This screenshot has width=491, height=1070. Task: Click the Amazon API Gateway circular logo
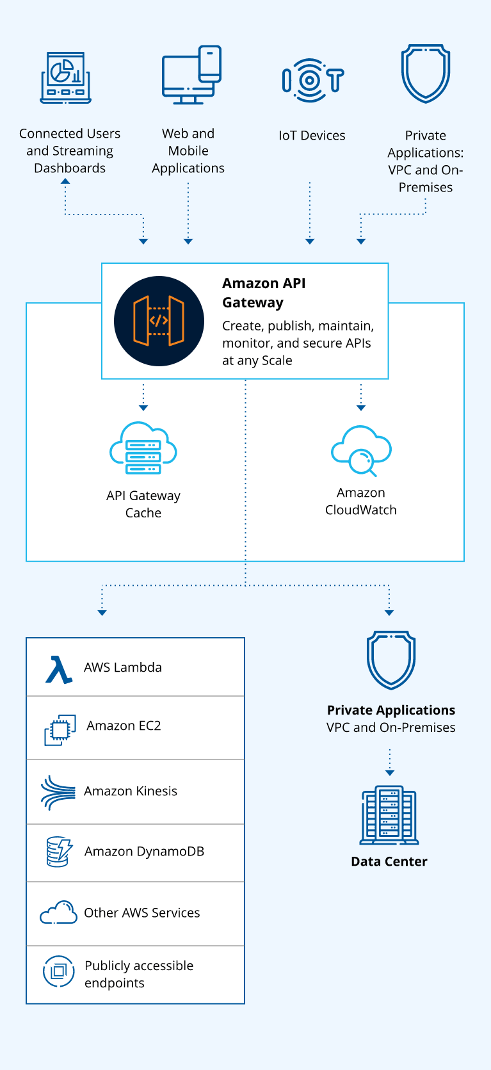tap(159, 321)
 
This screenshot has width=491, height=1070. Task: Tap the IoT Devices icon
tap(312, 80)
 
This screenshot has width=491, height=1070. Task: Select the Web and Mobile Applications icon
tap(191, 75)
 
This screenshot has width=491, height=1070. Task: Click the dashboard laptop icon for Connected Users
tap(66, 77)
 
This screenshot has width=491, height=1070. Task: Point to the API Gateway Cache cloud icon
tap(143, 448)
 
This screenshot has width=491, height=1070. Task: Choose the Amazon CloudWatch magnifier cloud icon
tap(361, 451)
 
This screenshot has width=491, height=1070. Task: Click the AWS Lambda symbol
tap(59, 669)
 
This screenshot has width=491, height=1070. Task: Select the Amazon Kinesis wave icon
tap(58, 793)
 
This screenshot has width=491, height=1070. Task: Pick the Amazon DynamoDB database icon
tap(59, 852)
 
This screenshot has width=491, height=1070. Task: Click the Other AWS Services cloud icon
tap(58, 912)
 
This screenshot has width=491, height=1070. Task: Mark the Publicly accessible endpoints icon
tap(59, 971)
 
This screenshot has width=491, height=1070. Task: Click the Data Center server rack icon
tap(389, 815)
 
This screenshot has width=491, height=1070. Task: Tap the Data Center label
tap(389, 862)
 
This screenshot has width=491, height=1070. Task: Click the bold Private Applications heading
tap(391, 710)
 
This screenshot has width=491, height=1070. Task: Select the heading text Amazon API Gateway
tap(264, 293)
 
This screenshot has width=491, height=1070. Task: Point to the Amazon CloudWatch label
tap(361, 501)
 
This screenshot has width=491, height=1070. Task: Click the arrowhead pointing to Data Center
tap(390, 773)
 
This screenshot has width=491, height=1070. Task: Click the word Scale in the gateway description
tap(277, 361)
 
